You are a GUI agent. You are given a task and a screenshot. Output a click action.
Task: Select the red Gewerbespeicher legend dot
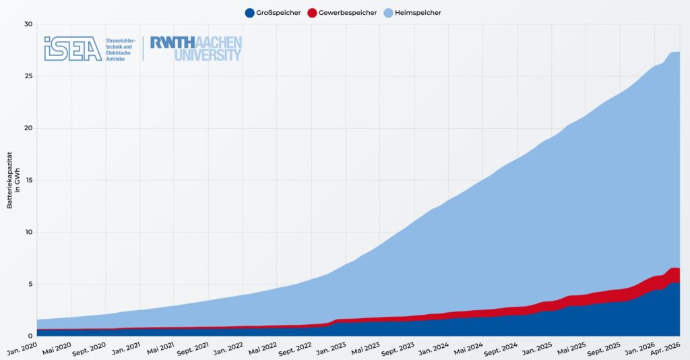(312, 13)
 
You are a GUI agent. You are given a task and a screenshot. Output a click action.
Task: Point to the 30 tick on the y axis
(28, 24)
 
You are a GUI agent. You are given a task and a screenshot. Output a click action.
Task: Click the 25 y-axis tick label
(28, 76)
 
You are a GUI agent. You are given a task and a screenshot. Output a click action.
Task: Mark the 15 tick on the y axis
(28, 180)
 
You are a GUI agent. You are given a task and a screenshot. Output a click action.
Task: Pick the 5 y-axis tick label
(30, 284)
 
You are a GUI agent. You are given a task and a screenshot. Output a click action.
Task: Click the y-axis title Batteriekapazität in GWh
(13, 181)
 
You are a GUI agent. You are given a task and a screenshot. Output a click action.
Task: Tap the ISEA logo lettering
(73, 49)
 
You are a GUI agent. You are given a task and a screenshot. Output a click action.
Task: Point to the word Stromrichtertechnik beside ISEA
(121, 44)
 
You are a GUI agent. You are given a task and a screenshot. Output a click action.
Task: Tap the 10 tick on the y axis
(28, 232)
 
